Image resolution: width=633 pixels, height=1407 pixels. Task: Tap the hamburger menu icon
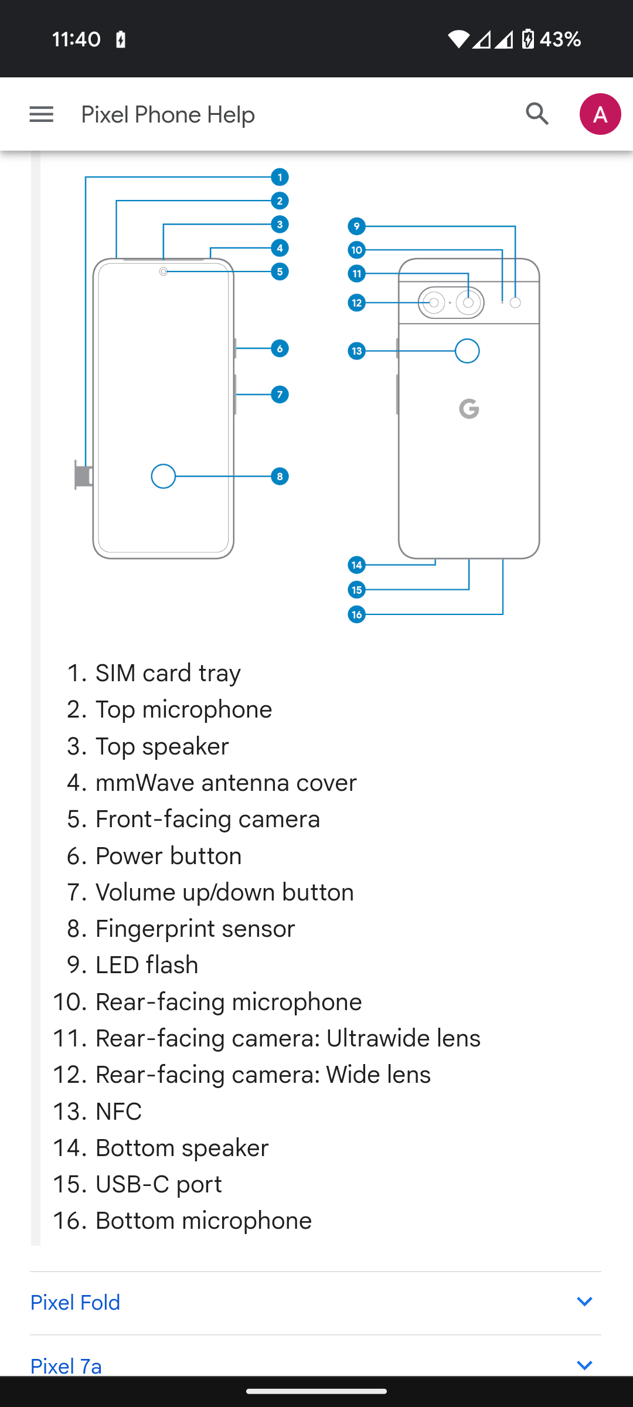tap(41, 114)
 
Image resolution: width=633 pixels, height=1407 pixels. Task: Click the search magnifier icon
tap(537, 114)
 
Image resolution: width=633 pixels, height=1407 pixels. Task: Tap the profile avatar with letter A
tap(600, 114)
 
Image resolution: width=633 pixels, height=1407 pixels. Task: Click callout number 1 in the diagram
tap(280, 177)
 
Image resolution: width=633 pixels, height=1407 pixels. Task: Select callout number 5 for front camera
tap(280, 271)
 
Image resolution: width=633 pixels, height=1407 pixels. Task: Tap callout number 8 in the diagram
tap(280, 477)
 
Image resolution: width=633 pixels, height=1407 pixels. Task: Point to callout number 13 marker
tap(356, 351)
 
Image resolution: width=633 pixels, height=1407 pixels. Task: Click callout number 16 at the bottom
tap(356, 614)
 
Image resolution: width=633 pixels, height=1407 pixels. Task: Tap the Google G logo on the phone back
tap(469, 409)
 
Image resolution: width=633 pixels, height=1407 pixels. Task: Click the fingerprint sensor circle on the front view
tap(164, 477)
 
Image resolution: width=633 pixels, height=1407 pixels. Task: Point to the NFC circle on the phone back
tap(467, 351)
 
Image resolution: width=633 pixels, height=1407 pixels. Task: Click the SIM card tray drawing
tap(83, 475)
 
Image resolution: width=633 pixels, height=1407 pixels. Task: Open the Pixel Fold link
tap(76, 1303)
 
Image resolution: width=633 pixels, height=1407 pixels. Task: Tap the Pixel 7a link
tap(66, 1366)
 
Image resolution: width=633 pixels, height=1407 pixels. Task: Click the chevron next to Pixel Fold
tap(584, 1302)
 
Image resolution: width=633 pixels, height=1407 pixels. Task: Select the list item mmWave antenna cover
tap(226, 783)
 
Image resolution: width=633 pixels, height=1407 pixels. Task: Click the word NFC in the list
tap(118, 1112)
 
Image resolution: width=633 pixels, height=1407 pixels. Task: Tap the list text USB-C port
tap(158, 1184)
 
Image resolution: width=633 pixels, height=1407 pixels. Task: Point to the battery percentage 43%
tap(560, 39)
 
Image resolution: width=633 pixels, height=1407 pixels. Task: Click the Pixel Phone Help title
tap(168, 114)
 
